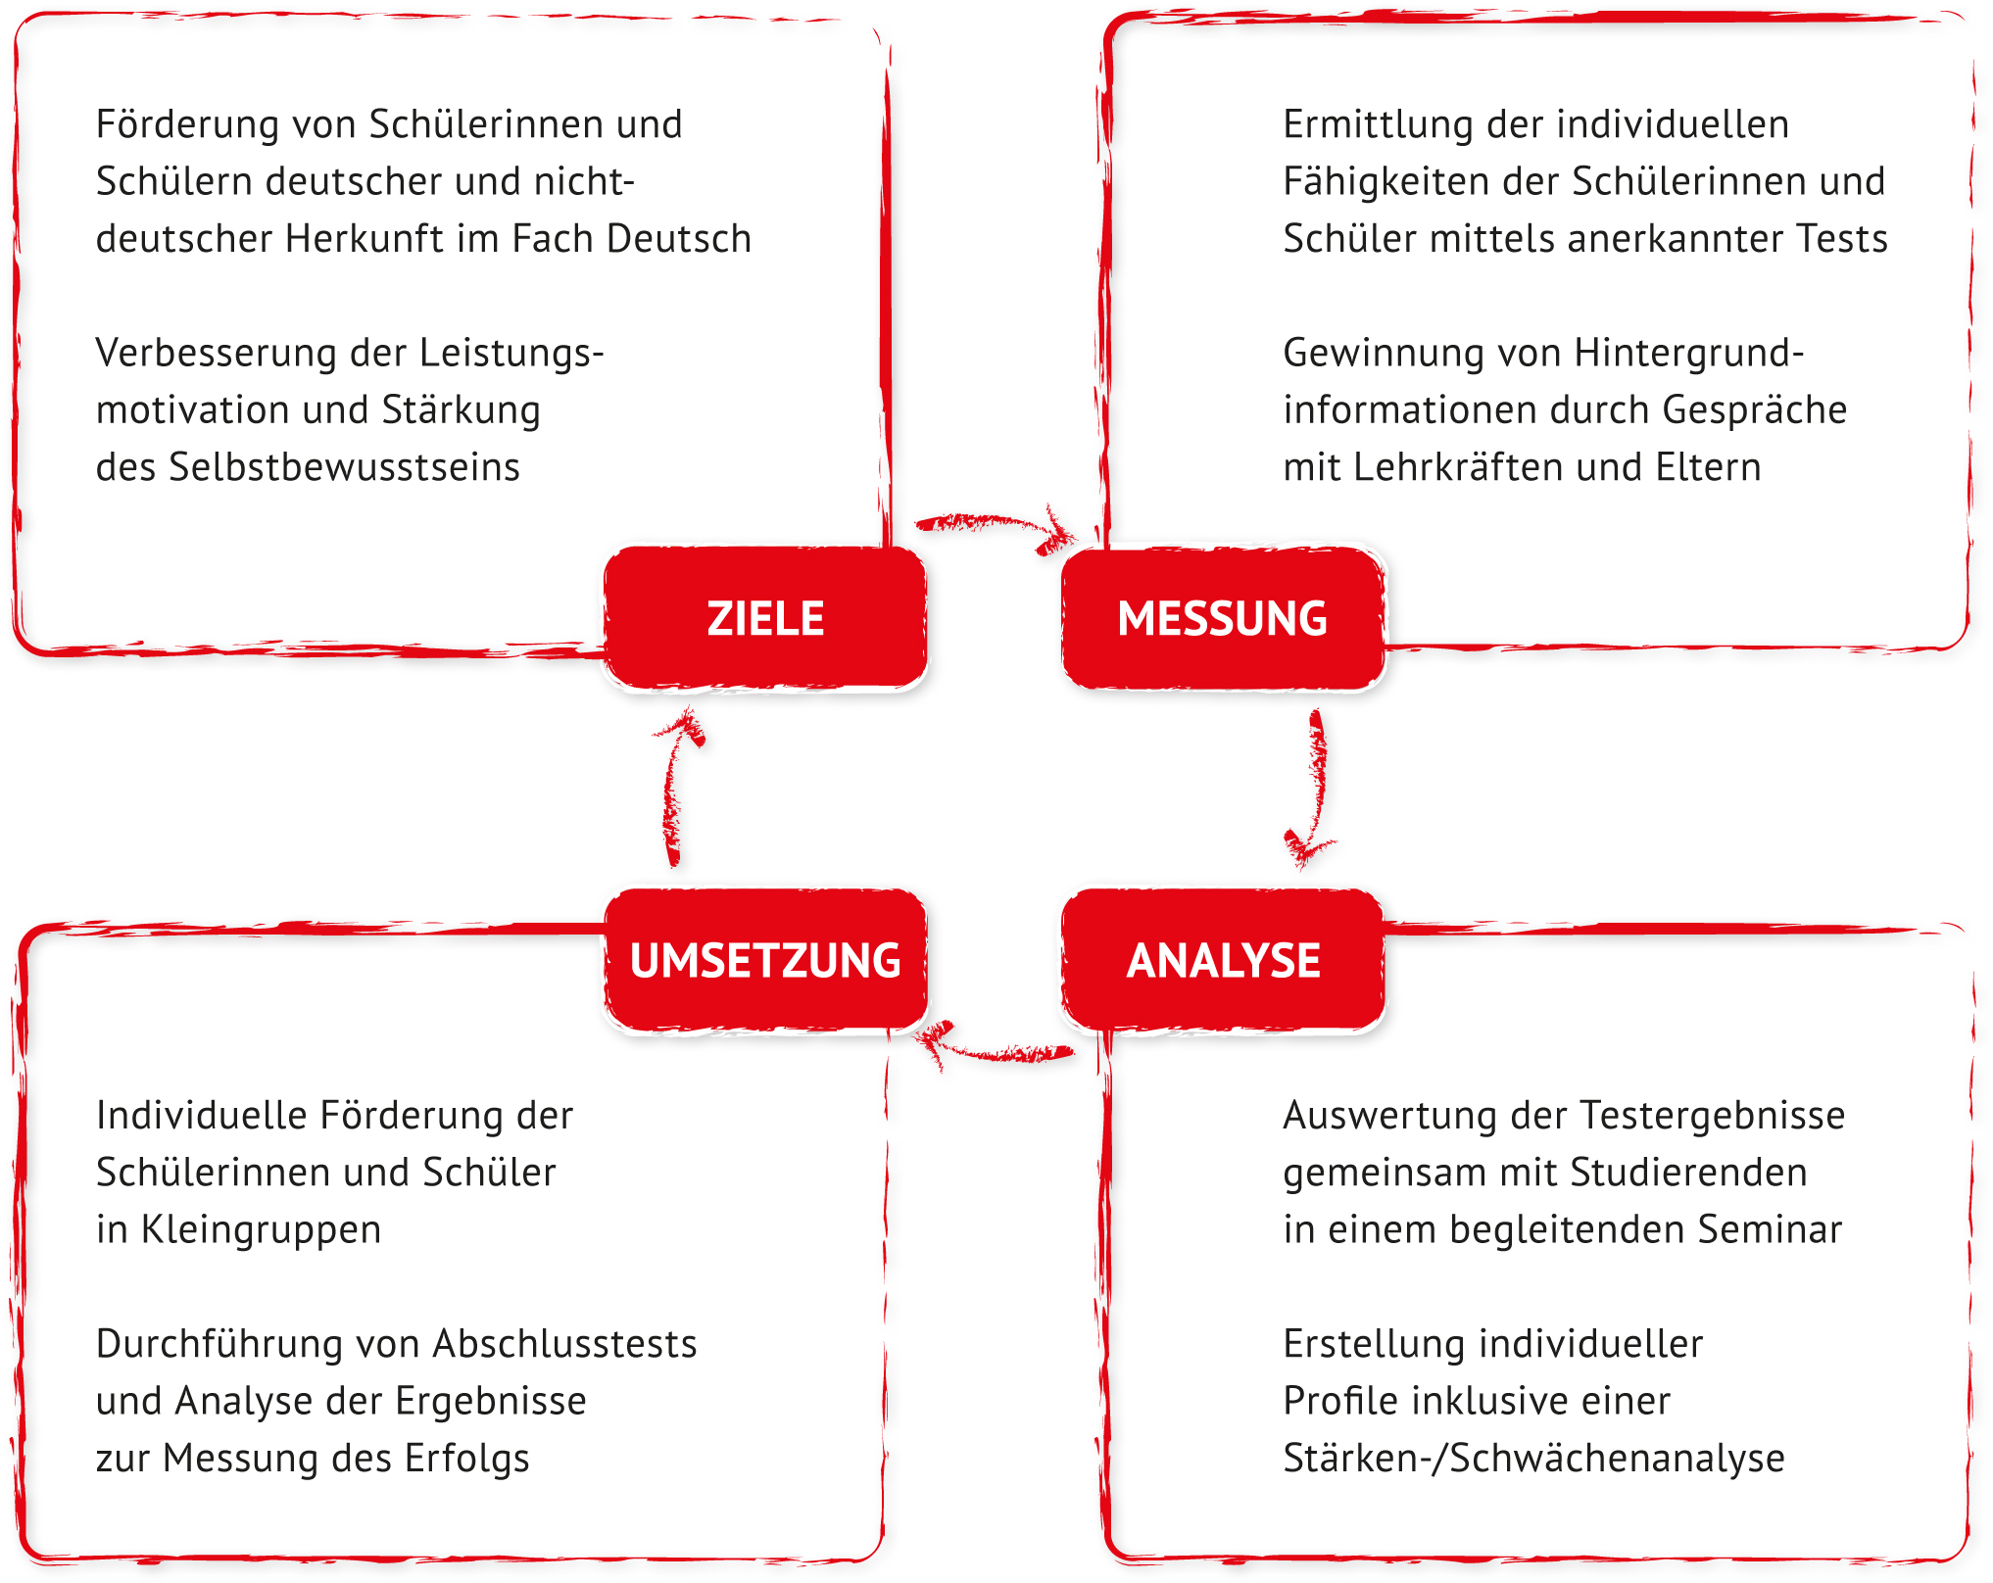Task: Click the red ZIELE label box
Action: tap(765, 618)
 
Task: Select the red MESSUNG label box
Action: tap(1223, 618)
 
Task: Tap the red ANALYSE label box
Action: tap(1223, 960)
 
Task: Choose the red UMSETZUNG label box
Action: tap(765, 960)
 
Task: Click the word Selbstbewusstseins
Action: tap(344, 467)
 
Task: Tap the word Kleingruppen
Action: tap(261, 1230)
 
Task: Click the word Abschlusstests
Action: tap(565, 1344)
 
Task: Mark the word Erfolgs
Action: tap(466, 1459)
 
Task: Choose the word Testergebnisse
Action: tap(1713, 1116)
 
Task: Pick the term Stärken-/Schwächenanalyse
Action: tap(1533, 1459)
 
